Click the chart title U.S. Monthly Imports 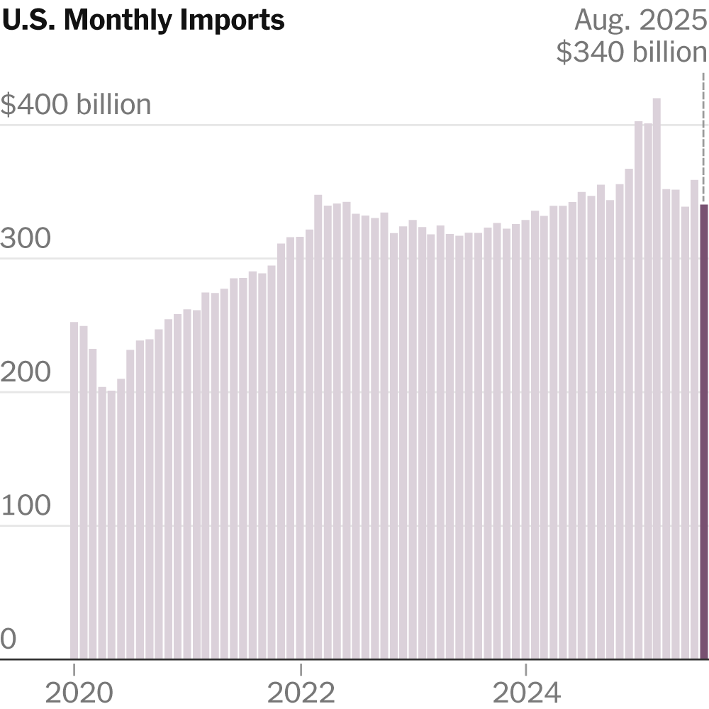(x=143, y=21)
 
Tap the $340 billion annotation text (x=632, y=52)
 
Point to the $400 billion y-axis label (x=76, y=105)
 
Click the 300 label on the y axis (x=26, y=240)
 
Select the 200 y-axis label (x=26, y=373)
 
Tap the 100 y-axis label (x=26, y=506)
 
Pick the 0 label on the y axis (x=8, y=640)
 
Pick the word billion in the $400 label (x=114, y=105)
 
